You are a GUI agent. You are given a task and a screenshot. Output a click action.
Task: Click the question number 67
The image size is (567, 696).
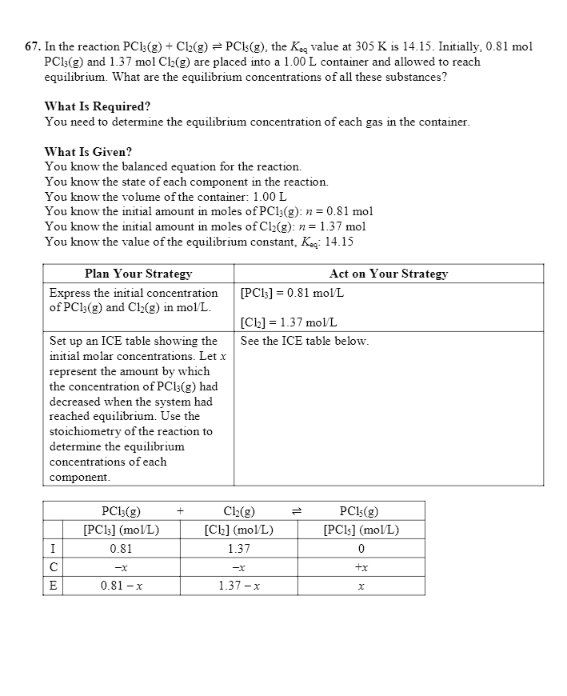[32, 47]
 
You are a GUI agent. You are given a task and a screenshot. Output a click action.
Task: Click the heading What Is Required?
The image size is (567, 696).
[98, 106]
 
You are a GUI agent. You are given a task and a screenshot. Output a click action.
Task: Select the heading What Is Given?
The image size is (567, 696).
[89, 152]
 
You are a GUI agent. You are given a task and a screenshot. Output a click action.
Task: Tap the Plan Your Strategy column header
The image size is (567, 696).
[138, 274]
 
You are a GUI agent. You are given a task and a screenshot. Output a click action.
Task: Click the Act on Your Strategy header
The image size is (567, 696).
[389, 274]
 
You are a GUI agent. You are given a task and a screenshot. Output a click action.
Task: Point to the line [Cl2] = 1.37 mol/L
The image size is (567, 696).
[289, 323]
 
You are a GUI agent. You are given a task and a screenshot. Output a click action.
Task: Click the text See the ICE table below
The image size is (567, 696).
[305, 342]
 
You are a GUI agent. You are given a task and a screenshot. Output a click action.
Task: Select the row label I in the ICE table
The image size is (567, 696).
[53, 549]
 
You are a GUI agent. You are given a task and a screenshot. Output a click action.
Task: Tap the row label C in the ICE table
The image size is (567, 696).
[53, 567]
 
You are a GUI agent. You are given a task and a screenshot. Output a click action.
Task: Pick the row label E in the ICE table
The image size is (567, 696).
[53, 586]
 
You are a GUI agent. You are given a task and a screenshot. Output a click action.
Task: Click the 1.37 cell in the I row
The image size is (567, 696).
[239, 549]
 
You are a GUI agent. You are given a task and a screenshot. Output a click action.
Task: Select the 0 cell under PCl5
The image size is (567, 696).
[361, 549]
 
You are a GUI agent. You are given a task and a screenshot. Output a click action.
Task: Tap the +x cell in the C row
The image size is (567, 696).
[361, 567]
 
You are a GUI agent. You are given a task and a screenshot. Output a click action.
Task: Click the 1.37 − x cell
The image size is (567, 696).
[239, 586]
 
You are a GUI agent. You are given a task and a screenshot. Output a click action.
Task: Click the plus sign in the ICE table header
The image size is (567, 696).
[181, 511]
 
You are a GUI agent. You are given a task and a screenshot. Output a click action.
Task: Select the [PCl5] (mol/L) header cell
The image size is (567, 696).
[361, 530]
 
